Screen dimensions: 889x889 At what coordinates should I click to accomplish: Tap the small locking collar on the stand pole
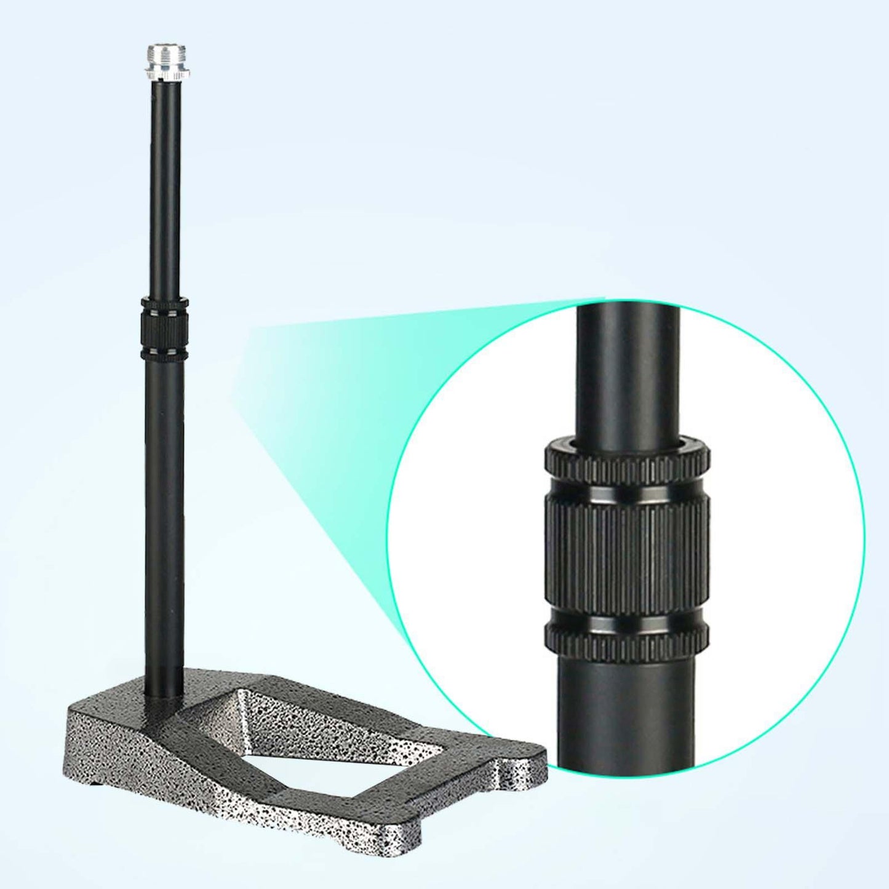pyautogui.click(x=162, y=329)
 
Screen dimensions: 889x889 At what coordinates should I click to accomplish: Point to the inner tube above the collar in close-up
pyautogui.click(x=626, y=369)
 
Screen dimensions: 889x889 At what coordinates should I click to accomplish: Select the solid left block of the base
pyautogui.click(x=123, y=738)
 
